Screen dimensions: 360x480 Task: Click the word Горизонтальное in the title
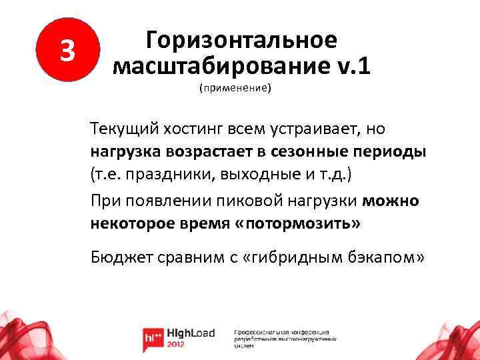241,40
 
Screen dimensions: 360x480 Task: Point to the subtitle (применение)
235,88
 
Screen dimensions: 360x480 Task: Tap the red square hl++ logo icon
153,338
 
